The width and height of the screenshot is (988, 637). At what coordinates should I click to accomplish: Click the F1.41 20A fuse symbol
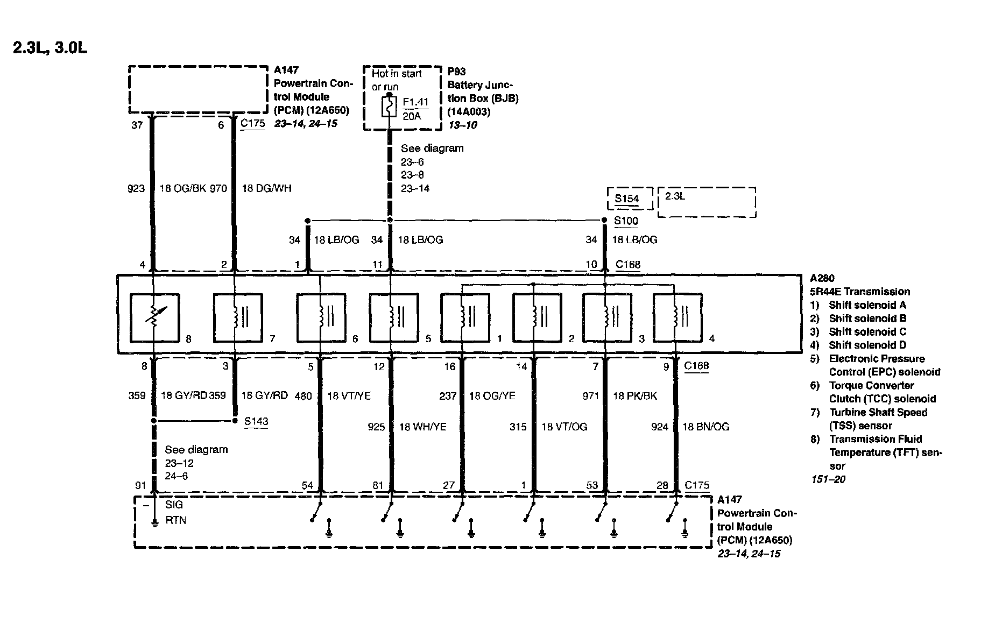tap(389, 107)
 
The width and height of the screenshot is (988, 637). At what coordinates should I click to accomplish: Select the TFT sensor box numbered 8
tap(154, 317)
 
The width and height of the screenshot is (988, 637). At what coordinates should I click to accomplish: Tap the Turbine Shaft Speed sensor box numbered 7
tap(238, 317)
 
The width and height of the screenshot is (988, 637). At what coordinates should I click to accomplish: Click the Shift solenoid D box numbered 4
tap(677, 317)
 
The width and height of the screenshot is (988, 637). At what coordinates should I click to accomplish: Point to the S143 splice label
tap(256, 421)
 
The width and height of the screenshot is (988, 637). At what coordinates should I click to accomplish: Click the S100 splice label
tap(626, 221)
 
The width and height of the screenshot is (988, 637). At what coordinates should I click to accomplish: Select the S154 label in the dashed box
tap(627, 199)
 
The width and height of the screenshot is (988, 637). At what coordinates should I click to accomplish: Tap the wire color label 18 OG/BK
tap(180, 188)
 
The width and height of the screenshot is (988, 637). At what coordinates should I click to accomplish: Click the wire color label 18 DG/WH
tap(267, 188)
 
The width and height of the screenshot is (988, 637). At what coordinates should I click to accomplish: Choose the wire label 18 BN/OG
tap(706, 427)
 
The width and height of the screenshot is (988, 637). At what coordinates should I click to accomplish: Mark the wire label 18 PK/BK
tap(635, 396)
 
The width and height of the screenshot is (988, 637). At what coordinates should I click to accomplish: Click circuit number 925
tap(376, 427)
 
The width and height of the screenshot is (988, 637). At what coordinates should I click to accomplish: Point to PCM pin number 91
tap(140, 485)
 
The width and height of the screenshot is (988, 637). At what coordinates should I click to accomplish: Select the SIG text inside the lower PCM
tap(174, 505)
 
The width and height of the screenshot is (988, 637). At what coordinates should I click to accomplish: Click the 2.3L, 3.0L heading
tap(50, 48)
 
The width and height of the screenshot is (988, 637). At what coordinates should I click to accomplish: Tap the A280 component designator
tap(822, 278)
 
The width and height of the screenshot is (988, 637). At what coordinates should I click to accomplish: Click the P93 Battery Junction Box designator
tap(456, 72)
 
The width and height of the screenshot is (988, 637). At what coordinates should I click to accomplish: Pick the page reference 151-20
tap(828, 479)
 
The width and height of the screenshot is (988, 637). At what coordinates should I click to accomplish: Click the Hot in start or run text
tap(397, 80)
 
